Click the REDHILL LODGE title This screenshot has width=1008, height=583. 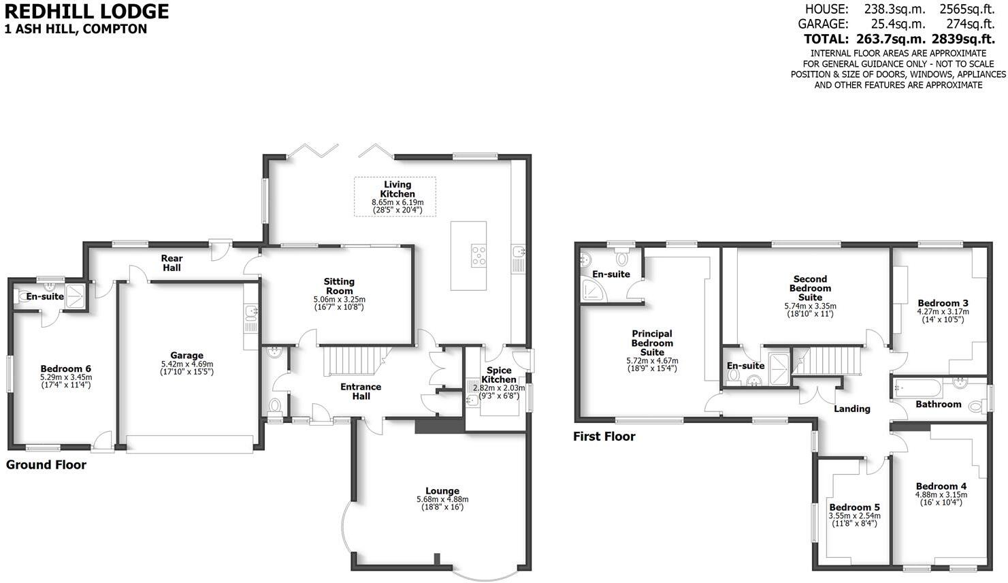pos(86,11)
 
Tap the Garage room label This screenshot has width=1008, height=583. pos(186,355)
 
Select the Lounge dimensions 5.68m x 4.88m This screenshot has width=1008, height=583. pos(442,499)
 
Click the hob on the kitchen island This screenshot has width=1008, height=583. pos(478,255)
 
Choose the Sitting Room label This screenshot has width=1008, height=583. pos(339,286)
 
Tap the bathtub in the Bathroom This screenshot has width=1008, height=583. pos(917,388)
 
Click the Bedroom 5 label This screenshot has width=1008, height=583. pos(854,507)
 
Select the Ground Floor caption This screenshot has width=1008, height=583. pos(46,464)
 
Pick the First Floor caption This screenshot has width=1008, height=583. pos(604,437)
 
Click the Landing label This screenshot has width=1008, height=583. pos(852,409)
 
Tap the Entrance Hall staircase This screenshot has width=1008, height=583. pos(350,361)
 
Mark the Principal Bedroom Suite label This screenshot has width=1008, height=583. pos(652,343)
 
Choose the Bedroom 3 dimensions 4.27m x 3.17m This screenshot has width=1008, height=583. pos(943,312)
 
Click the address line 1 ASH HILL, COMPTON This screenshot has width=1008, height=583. pos(76,29)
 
